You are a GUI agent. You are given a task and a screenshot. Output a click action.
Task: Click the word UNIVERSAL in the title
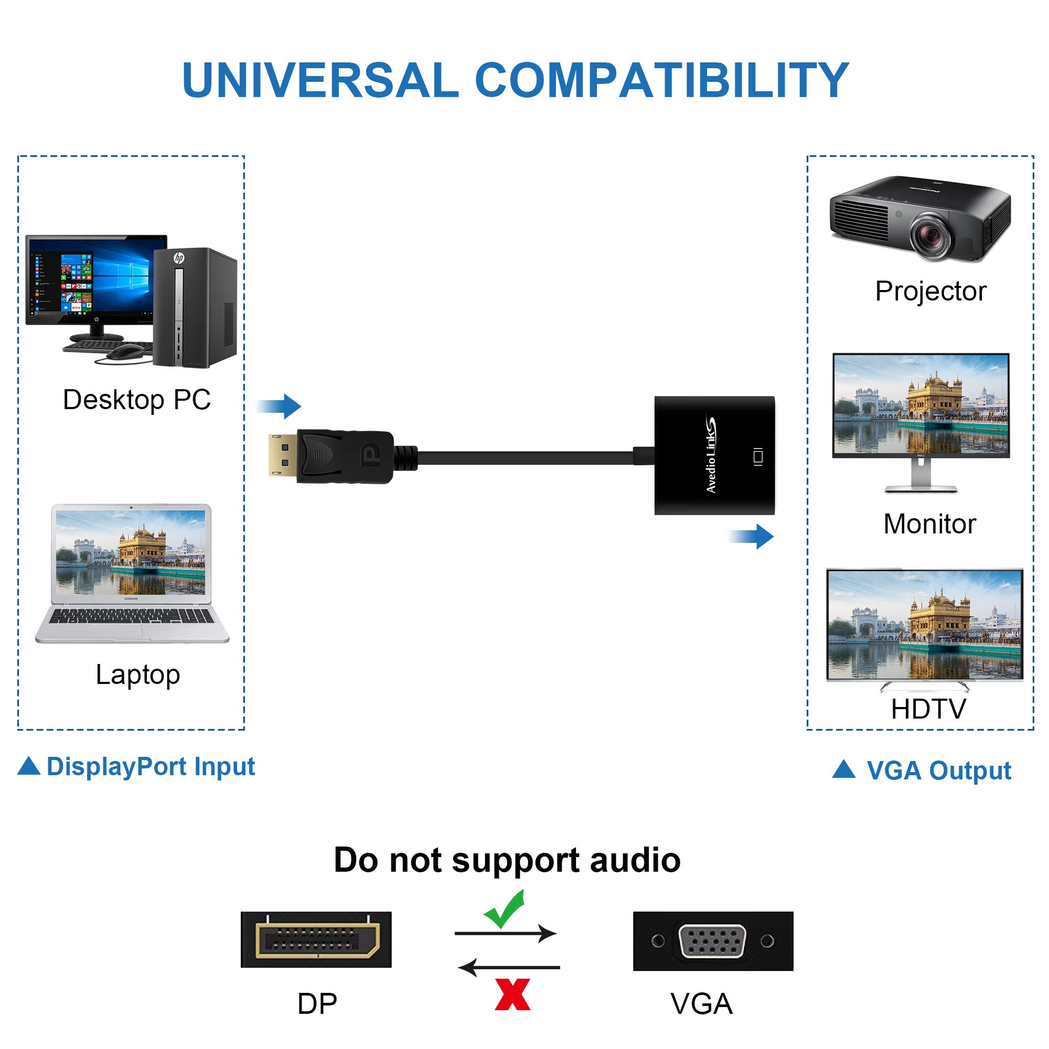pyautogui.click(x=320, y=80)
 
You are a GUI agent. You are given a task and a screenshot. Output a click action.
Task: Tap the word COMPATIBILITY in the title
pyautogui.click(x=662, y=80)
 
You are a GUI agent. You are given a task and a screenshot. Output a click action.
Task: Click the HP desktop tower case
pyautogui.click(x=195, y=307)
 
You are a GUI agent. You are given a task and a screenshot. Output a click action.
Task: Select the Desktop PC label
pyautogui.click(x=137, y=400)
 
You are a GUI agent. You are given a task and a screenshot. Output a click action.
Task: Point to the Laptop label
pyautogui.click(x=138, y=676)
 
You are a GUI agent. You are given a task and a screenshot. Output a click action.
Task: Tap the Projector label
pyautogui.click(x=930, y=292)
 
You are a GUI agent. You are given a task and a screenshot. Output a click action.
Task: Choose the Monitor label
pyautogui.click(x=929, y=524)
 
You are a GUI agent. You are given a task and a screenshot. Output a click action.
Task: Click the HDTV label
pyautogui.click(x=928, y=709)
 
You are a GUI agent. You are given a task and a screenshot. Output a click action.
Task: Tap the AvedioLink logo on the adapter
pyautogui.click(x=711, y=454)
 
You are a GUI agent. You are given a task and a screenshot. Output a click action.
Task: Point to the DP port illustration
pyautogui.click(x=316, y=939)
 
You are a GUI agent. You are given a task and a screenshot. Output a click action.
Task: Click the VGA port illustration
pyautogui.click(x=713, y=941)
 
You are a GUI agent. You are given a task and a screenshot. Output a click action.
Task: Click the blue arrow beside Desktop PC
pyautogui.click(x=279, y=406)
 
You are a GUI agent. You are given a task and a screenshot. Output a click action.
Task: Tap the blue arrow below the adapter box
pyautogui.click(x=751, y=537)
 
